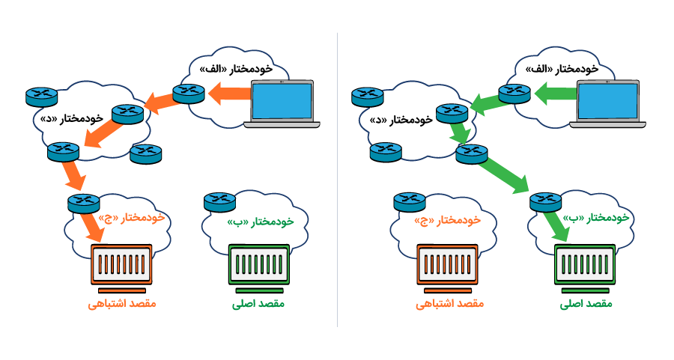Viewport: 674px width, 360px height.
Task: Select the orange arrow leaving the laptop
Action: click(x=228, y=94)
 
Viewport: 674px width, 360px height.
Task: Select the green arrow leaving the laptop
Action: click(x=555, y=94)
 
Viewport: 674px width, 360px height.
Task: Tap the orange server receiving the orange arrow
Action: click(x=121, y=265)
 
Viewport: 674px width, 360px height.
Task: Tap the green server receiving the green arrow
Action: click(x=585, y=265)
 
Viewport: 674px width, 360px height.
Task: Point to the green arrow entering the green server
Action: click(x=556, y=225)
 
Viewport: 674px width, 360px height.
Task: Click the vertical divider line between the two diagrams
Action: click(x=337, y=180)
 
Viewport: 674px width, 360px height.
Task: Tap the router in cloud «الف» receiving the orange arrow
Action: click(x=188, y=94)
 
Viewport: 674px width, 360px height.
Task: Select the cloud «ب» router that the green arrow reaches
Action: click(x=545, y=201)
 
